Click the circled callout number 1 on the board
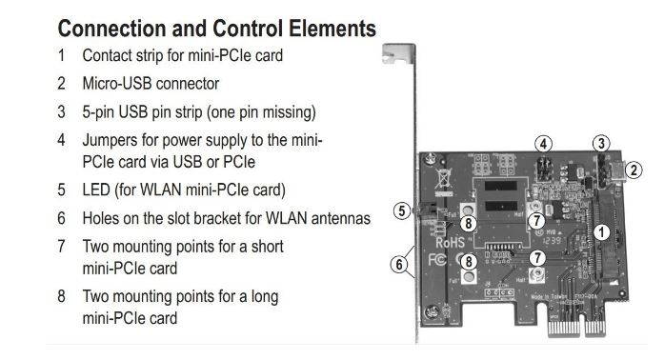point(600,231)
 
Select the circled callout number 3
point(600,144)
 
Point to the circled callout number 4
point(543,144)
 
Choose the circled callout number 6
point(400,264)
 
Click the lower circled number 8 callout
point(469,260)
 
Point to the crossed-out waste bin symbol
point(443,178)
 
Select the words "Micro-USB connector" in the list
point(151,84)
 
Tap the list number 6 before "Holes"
point(61,218)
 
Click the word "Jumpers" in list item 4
point(111,140)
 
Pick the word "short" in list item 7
point(263,247)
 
